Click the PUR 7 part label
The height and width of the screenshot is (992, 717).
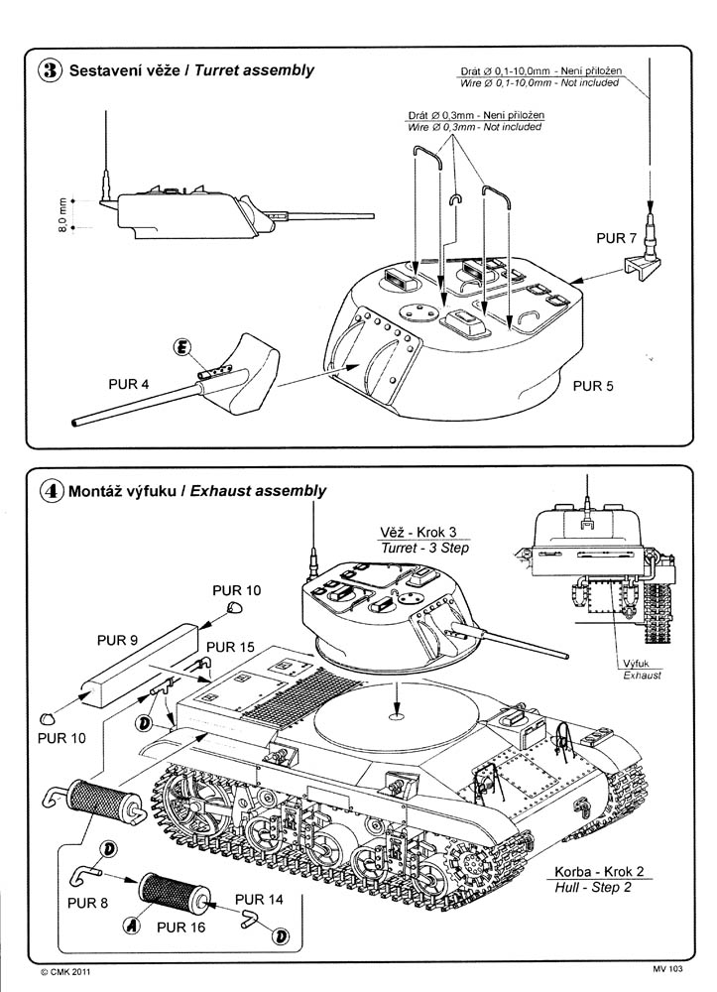(618, 240)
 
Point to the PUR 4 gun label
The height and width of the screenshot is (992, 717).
(128, 381)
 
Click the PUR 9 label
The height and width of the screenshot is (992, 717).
(116, 641)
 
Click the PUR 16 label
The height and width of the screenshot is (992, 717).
(179, 929)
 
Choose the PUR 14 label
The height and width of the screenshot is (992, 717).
(259, 900)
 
